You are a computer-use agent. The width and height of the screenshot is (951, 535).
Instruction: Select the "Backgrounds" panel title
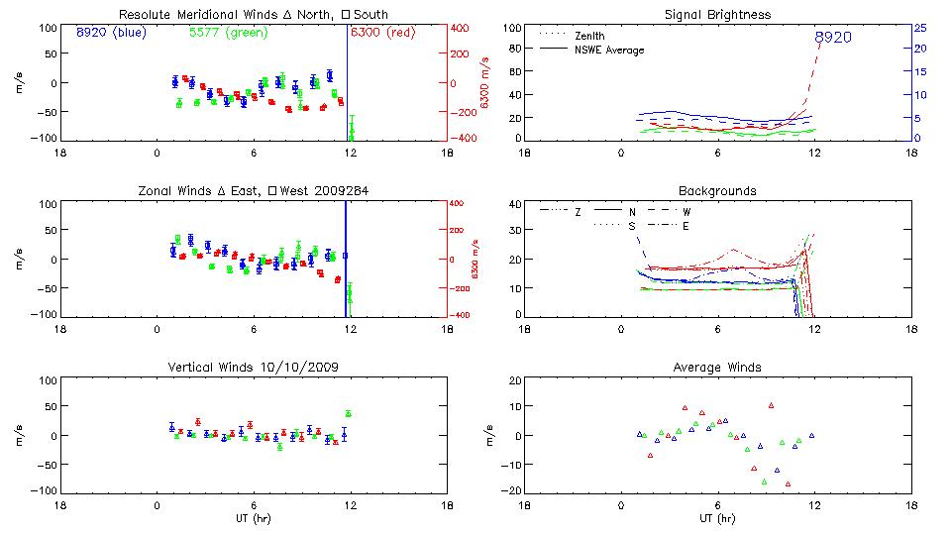coord(718,190)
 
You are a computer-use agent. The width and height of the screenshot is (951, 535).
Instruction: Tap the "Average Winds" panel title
coord(718,368)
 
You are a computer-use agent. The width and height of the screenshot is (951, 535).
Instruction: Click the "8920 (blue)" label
coord(110,33)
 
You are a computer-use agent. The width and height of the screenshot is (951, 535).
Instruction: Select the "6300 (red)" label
coord(382,33)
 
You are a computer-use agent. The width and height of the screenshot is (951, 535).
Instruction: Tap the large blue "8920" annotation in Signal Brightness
coord(832,37)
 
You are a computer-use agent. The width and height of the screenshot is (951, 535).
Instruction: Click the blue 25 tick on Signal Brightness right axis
coord(920,28)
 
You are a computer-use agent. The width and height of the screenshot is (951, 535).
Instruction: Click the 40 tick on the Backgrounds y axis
coord(515,205)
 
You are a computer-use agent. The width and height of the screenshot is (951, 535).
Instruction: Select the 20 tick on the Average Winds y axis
coord(515,381)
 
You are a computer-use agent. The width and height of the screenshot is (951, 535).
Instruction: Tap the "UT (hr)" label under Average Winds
coord(718,518)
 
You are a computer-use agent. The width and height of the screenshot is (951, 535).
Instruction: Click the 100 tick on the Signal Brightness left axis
coord(512,28)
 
